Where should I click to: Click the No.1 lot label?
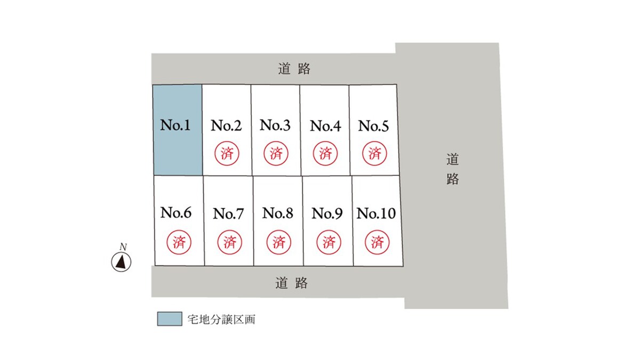click(x=175, y=125)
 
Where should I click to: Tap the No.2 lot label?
click(x=226, y=125)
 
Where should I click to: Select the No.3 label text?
click(x=275, y=125)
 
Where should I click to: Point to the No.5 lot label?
click(x=373, y=126)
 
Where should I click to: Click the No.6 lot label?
click(x=175, y=213)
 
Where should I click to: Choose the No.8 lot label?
click(x=278, y=213)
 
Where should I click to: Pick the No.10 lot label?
click(x=376, y=213)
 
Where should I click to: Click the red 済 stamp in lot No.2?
click(x=227, y=154)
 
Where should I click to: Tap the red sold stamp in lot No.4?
click(x=325, y=154)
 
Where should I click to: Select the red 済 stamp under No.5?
click(x=374, y=154)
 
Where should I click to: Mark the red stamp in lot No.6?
click(x=179, y=242)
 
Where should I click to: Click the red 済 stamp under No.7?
click(x=230, y=242)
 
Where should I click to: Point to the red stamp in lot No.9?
click(x=329, y=242)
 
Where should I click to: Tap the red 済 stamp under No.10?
click(x=377, y=242)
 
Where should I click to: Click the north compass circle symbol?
click(x=121, y=262)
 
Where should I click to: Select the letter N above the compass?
click(x=123, y=246)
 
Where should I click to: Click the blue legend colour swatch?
click(x=170, y=319)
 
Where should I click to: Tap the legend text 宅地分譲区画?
click(x=221, y=319)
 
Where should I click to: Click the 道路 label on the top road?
click(x=294, y=69)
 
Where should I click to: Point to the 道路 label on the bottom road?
click(x=291, y=283)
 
